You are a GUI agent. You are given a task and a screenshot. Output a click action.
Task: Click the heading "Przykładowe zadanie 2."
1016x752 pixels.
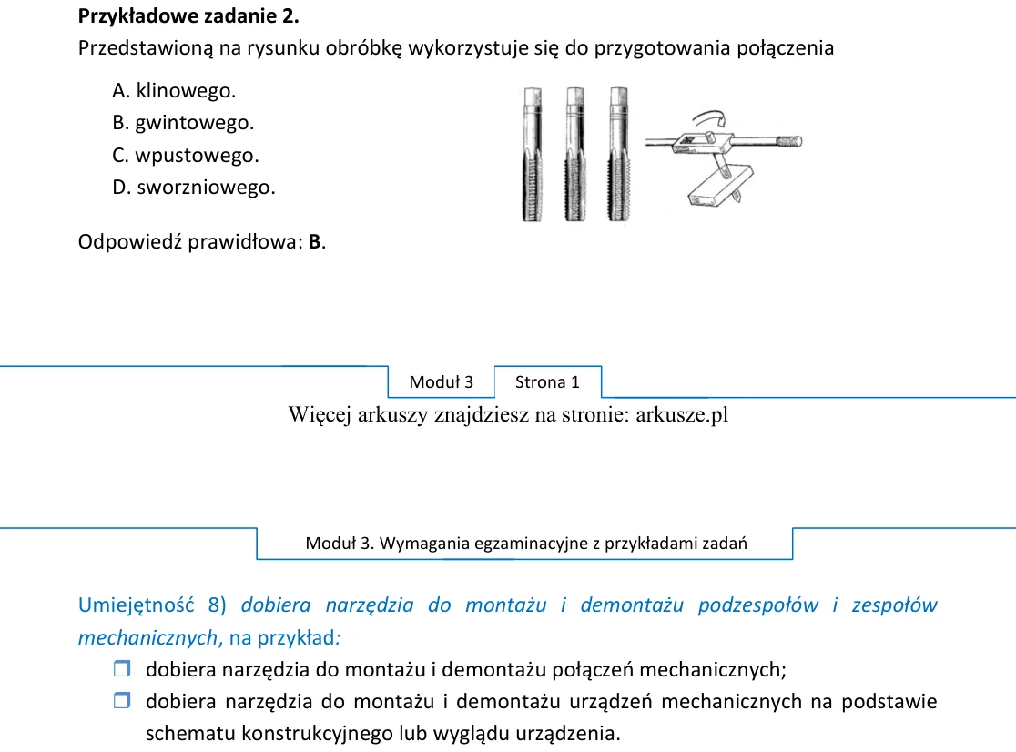click(188, 16)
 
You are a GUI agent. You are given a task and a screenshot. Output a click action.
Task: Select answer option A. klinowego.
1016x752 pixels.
click(174, 91)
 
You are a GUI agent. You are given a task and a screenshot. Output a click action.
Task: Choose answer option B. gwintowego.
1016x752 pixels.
click(183, 122)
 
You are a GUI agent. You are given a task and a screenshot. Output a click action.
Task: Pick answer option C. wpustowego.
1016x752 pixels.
click(186, 155)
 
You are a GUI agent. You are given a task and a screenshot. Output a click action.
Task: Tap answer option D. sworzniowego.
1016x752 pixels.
click(194, 188)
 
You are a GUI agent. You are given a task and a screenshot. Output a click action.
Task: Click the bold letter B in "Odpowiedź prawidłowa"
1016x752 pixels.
click(314, 241)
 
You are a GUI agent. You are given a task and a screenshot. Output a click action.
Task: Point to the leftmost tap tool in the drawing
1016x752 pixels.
click(532, 154)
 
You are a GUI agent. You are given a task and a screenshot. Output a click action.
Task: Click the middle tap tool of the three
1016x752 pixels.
click(574, 154)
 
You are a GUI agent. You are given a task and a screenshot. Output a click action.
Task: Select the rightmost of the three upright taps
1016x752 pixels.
click(618, 154)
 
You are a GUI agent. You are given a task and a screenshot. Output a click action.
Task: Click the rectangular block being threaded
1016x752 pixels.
click(720, 187)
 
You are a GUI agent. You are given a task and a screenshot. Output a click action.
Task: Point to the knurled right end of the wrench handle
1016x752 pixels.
click(789, 141)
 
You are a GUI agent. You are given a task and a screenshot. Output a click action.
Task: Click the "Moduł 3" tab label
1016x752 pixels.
click(442, 382)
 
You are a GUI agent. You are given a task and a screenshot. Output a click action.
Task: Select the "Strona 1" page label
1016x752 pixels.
click(547, 382)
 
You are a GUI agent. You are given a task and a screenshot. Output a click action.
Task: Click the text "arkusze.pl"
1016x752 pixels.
click(682, 414)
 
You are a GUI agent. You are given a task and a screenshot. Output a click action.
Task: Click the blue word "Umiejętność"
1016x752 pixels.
click(136, 605)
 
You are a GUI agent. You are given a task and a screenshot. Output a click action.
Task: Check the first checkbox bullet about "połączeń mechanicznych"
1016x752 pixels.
click(122, 668)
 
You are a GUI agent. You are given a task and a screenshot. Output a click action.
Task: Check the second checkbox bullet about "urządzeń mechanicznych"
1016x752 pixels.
click(122, 700)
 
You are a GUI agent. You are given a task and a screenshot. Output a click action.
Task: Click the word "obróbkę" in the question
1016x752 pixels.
click(363, 48)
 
